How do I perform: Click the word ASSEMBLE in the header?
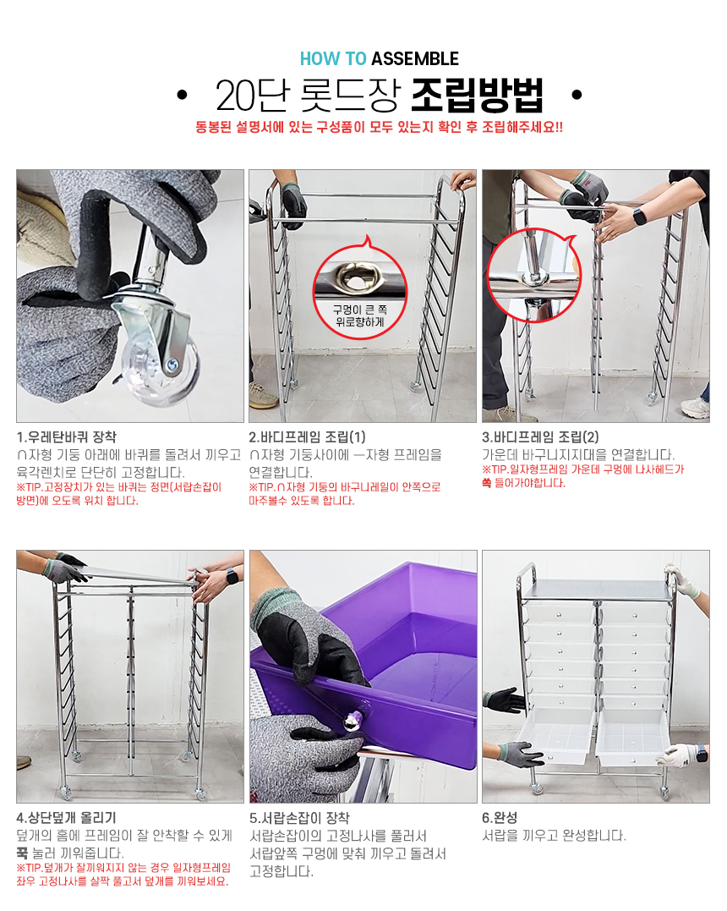pyautogui.click(x=414, y=58)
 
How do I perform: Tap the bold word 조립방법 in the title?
pyautogui.click(x=477, y=95)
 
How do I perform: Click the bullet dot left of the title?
pyautogui.click(x=183, y=95)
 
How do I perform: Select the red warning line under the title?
pyautogui.click(x=379, y=127)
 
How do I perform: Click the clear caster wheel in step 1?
pyautogui.click(x=158, y=364)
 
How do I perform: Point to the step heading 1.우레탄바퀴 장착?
pyautogui.click(x=66, y=437)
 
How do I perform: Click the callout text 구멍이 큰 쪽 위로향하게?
pyautogui.click(x=359, y=316)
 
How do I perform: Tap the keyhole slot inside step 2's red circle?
pyautogui.click(x=358, y=278)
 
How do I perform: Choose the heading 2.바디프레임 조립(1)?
pyautogui.click(x=307, y=437)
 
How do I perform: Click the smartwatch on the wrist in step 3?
pyautogui.click(x=639, y=217)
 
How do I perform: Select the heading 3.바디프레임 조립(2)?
pyautogui.click(x=540, y=437)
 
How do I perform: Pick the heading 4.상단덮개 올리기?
pyautogui.click(x=66, y=818)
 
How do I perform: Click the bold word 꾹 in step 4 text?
pyautogui.click(x=22, y=853)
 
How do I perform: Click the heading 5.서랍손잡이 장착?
pyautogui.click(x=299, y=818)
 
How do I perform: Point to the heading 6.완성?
pyautogui.click(x=500, y=818)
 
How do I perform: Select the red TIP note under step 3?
pyautogui.click(x=583, y=476)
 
